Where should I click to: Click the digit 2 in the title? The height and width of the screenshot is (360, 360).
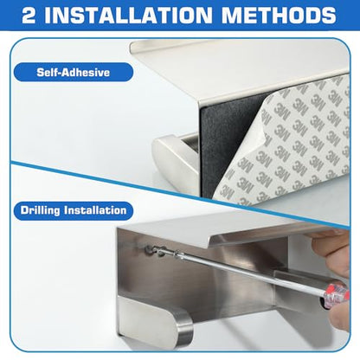(x=29, y=15)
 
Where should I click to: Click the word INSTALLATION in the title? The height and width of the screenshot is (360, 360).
(x=128, y=15)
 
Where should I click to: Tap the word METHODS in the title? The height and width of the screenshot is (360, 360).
(x=279, y=15)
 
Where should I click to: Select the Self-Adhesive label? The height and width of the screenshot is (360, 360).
(x=74, y=72)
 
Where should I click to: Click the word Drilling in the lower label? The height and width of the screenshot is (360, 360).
(x=40, y=210)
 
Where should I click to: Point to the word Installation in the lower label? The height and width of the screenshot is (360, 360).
(x=95, y=210)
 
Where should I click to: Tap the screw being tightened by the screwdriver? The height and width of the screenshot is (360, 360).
(x=151, y=250)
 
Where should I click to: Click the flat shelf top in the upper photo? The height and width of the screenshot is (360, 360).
(x=240, y=67)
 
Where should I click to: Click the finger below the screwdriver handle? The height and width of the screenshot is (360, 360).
(x=340, y=318)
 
